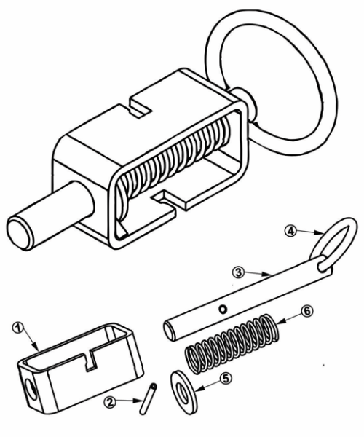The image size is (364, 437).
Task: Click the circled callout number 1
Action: click(17, 328)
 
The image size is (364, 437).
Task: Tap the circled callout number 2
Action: click(109, 403)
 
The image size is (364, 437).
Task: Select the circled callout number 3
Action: click(238, 272)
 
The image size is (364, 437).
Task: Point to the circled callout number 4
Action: click(290, 231)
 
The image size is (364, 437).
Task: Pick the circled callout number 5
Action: click(226, 379)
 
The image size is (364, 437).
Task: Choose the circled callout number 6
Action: click(307, 311)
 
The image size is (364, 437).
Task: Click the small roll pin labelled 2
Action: click(148, 398)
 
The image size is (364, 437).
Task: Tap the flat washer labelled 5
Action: click(183, 392)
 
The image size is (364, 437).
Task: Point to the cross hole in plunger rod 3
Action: click(223, 309)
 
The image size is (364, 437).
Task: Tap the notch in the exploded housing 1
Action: click(90, 362)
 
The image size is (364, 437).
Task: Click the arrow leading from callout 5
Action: click(209, 385)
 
